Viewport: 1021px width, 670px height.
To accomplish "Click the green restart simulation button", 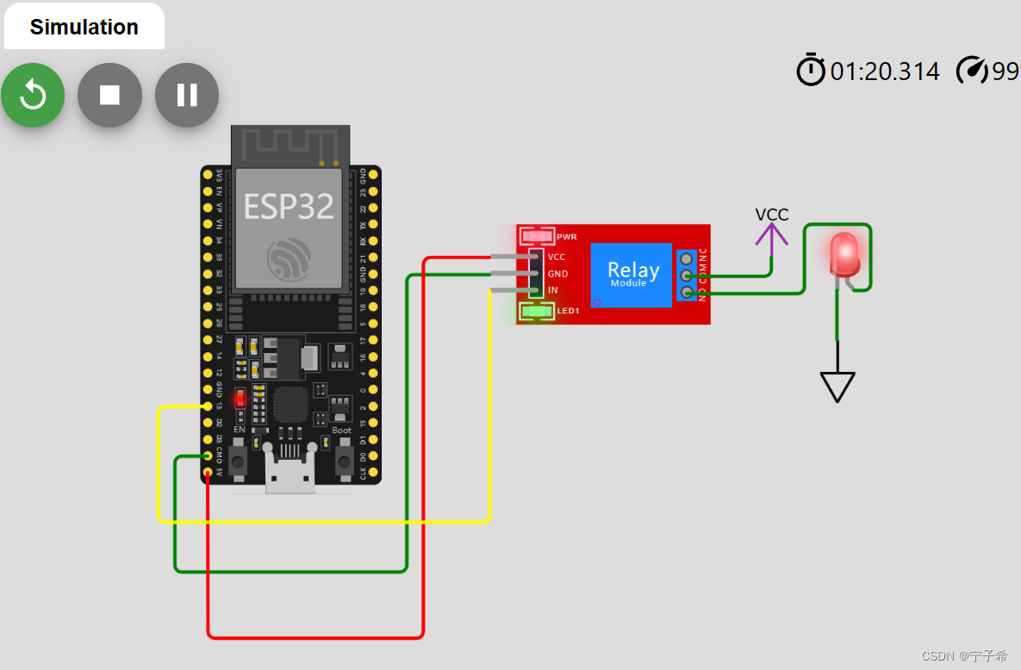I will tap(33, 95).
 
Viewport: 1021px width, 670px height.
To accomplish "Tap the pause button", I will tap(187, 95).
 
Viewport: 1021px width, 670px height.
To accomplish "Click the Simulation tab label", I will tap(84, 27).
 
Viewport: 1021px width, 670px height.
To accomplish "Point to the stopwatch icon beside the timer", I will tap(810, 70).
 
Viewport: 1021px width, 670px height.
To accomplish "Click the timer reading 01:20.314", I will tap(885, 71).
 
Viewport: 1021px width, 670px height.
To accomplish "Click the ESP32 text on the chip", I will tap(288, 207).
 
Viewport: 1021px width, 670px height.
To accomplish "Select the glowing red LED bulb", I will tap(844, 252).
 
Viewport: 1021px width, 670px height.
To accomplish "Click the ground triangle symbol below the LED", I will tap(837, 386).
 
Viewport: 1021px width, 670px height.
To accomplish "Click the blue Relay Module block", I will tap(631, 275).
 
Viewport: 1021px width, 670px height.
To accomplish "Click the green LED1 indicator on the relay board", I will tap(538, 311).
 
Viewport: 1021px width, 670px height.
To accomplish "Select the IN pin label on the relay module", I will tap(553, 290).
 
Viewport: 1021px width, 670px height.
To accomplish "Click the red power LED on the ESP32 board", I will tap(240, 399).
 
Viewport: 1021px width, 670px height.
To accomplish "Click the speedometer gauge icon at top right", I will tap(972, 71).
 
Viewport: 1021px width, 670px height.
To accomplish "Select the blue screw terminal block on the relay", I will tap(687, 276).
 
